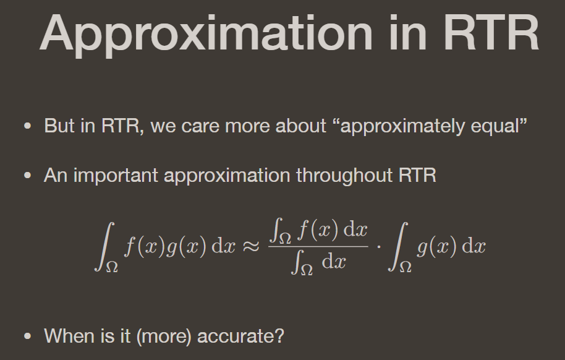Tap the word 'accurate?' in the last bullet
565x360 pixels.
[240, 336]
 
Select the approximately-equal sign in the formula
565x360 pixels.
[251, 246]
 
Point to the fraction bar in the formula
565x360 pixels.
[318, 246]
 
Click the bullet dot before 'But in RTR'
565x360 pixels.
[27, 126]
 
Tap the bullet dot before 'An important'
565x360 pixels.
[27, 176]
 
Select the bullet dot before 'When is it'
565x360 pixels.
[27, 336]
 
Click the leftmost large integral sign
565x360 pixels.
[104, 246]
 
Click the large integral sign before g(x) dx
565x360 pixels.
[399, 246]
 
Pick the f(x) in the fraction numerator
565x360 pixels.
[318, 229]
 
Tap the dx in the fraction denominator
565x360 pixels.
[334, 261]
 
